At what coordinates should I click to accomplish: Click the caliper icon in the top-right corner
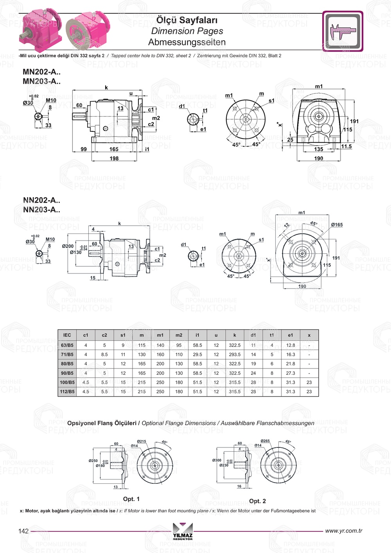click(343, 31)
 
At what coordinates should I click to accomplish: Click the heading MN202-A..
click(41, 72)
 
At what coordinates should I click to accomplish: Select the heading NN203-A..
click(41, 210)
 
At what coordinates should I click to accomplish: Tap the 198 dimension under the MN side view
click(114, 158)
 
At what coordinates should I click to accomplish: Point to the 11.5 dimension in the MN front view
click(346, 147)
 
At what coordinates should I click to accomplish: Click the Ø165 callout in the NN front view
click(337, 225)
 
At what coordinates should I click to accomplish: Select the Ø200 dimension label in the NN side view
click(68, 246)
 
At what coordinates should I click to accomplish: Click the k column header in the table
click(235, 335)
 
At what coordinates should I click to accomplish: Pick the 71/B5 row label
click(67, 354)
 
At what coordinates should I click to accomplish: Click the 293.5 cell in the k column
click(235, 354)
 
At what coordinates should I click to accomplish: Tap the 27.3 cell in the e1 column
click(291, 373)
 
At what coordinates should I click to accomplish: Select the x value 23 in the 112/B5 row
click(309, 391)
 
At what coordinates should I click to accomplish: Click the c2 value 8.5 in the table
click(104, 354)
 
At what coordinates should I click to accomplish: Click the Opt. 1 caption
click(131, 499)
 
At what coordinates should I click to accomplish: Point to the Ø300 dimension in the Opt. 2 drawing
click(217, 460)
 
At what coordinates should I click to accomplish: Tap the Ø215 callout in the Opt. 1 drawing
click(142, 442)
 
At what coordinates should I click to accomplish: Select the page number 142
click(23, 531)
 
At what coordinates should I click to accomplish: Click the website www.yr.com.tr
click(344, 531)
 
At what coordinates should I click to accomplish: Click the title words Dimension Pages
click(187, 31)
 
